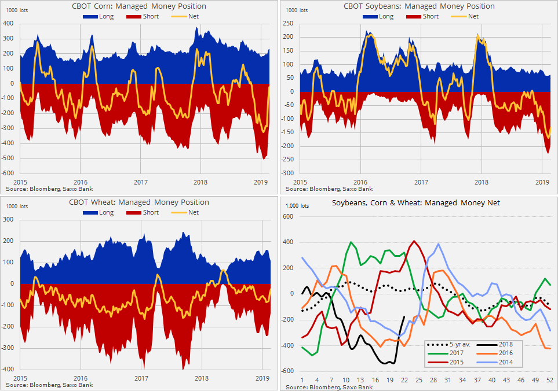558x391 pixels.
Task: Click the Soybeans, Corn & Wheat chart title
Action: (417, 202)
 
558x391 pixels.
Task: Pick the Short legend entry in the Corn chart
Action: (141, 16)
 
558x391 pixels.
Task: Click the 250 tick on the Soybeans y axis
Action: (288, 24)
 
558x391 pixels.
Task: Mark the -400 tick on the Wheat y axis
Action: (8, 370)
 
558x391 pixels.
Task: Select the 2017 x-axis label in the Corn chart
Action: (141, 182)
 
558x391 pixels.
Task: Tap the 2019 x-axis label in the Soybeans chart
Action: (541, 182)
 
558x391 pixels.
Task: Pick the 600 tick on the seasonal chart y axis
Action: (288, 217)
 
